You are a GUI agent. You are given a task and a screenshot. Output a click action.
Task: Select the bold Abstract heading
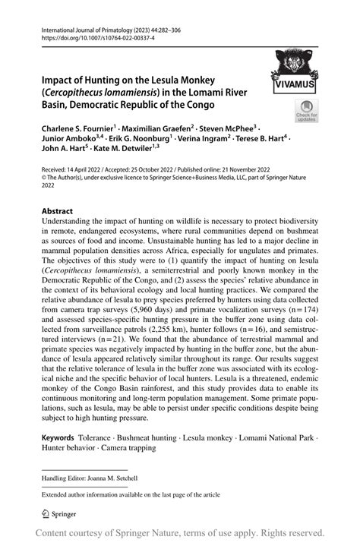tap(57, 211)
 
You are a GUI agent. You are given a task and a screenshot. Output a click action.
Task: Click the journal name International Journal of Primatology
tap(90, 24)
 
